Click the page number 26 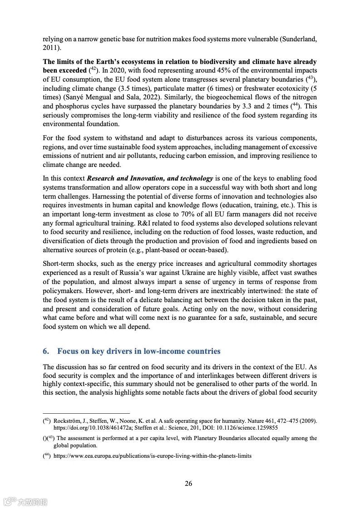coord(188,484)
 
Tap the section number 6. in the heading coord(46,351)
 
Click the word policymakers coord(64,290)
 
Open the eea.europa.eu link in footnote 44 coord(152,456)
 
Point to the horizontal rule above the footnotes coord(86,413)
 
